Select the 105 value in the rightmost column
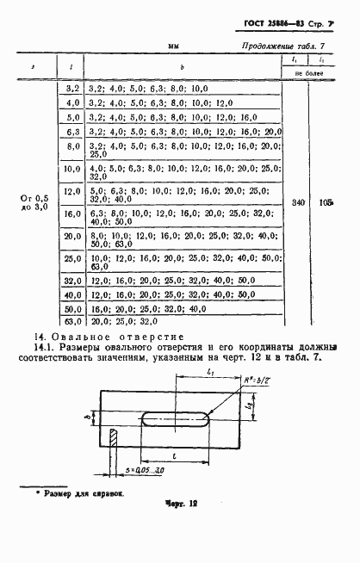click(325, 202)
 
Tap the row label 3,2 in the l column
click(72, 89)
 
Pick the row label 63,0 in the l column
click(72, 322)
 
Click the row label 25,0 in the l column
click(72, 258)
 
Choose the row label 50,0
click(72, 308)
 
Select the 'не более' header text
click(309, 74)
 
